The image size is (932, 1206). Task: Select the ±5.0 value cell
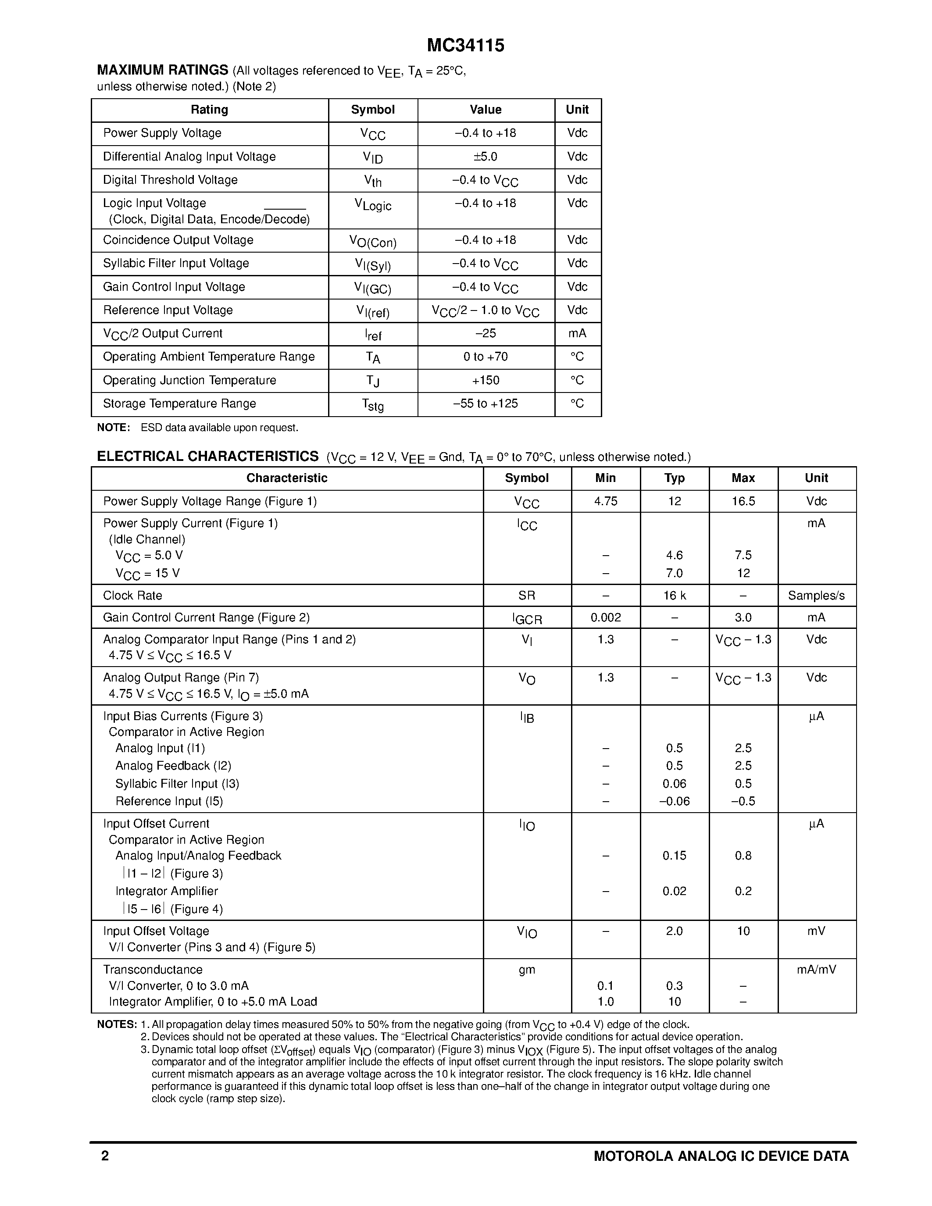[x=486, y=157]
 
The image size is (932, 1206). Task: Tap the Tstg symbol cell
[x=373, y=405]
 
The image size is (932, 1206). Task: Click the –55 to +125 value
[x=486, y=403]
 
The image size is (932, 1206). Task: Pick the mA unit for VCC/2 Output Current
[x=577, y=334]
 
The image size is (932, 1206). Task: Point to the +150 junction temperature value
[x=486, y=381]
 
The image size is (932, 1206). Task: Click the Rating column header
[x=209, y=110]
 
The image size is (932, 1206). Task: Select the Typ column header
[x=674, y=478]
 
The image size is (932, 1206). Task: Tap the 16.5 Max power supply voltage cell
[x=743, y=501]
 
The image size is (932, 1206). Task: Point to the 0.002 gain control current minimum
[x=606, y=617]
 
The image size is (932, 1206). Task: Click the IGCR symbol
[x=527, y=618]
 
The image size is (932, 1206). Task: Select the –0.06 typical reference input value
[x=674, y=801]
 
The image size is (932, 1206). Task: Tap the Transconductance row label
[x=153, y=970]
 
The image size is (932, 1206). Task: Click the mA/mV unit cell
[x=816, y=970]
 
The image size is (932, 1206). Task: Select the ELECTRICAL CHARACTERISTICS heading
[x=207, y=457]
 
